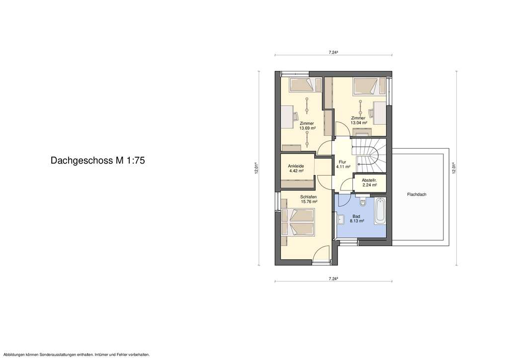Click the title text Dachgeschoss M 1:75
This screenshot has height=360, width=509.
pyautogui.click(x=97, y=161)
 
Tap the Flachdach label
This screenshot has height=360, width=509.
pyautogui.click(x=417, y=194)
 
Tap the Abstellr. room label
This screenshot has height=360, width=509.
pyautogui.click(x=369, y=180)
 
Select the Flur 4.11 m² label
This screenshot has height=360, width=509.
pyautogui.click(x=343, y=165)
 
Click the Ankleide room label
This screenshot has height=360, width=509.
pyautogui.click(x=296, y=166)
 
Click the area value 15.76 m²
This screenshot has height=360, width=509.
pyautogui.click(x=309, y=201)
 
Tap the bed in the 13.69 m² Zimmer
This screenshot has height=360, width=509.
pyautogui.click(x=301, y=85)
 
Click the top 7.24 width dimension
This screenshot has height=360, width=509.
pyautogui.click(x=334, y=52)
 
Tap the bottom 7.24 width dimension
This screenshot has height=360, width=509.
pyautogui.click(x=334, y=279)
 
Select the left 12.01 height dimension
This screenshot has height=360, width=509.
pyautogui.click(x=257, y=169)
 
